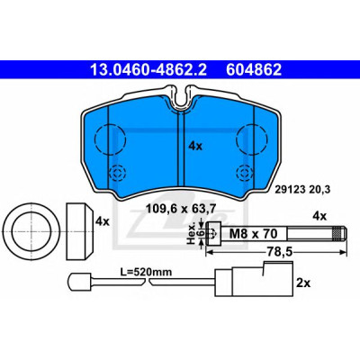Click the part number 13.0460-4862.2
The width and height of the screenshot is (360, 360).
click(148, 70)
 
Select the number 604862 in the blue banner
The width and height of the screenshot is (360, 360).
click(254, 70)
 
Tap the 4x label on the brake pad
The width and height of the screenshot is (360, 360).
click(195, 146)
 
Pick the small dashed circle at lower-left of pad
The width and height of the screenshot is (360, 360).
click(118, 173)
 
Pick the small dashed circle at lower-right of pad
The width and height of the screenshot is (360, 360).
click(244, 173)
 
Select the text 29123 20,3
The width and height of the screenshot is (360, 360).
click(302, 190)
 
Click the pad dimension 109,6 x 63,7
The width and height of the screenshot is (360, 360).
click(181, 209)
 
